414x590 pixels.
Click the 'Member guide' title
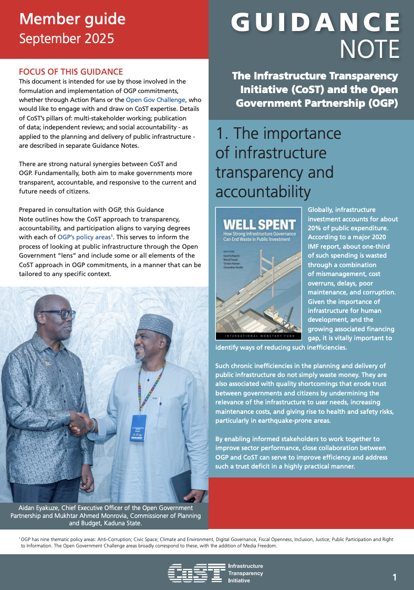(x=72, y=19)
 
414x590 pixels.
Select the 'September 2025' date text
(x=66, y=38)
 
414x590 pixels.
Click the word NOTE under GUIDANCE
(x=369, y=49)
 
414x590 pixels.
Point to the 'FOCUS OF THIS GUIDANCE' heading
(x=70, y=72)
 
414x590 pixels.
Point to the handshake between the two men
(x=81, y=421)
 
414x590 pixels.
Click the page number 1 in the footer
(x=395, y=577)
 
